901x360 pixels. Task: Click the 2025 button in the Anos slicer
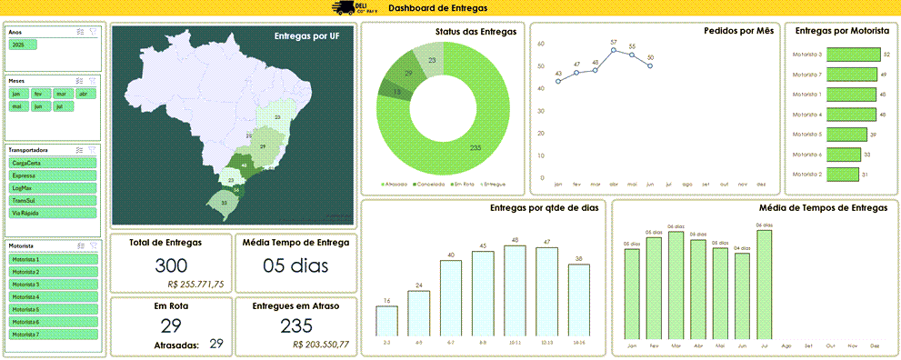[x=18, y=45]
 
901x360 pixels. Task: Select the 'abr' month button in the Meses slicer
[x=84, y=94]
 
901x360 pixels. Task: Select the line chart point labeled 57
[x=614, y=50]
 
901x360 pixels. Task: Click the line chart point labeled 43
[x=558, y=81]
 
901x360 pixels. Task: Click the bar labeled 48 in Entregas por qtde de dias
[x=515, y=290]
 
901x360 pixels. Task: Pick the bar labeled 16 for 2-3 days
[x=386, y=320]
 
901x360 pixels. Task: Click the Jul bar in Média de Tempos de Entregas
[x=764, y=282]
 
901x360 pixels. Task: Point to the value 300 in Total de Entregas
[x=171, y=265]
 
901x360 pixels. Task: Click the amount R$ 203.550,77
[x=321, y=345]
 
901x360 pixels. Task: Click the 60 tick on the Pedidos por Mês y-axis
[x=541, y=44]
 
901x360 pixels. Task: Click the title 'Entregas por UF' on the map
[x=305, y=36]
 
